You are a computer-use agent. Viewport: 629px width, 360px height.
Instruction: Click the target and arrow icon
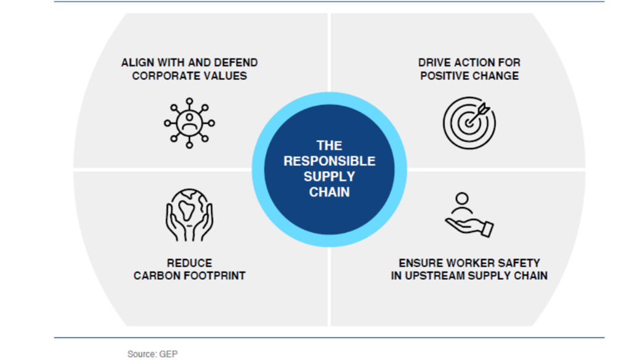tap(469, 123)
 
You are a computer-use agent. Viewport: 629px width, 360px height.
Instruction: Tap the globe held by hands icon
tap(189, 215)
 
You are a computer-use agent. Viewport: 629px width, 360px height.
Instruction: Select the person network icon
tap(189, 123)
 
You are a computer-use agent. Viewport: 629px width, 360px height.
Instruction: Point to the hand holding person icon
tap(469, 215)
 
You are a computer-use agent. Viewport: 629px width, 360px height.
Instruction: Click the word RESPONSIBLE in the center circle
tap(330, 161)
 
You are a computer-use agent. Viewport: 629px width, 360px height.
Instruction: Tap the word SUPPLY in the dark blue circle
tap(330, 176)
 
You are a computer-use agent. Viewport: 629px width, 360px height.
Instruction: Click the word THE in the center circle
tap(330, 145)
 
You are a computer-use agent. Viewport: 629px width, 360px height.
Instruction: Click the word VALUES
tap(226, 76)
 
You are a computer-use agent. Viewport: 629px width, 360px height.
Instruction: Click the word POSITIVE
tap(444, 76)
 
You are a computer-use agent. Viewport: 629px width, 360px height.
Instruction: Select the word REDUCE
tap(189, 263)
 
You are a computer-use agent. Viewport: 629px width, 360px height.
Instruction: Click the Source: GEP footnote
tap(152, 354)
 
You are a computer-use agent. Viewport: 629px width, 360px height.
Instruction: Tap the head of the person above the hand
tap(462, 198)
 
